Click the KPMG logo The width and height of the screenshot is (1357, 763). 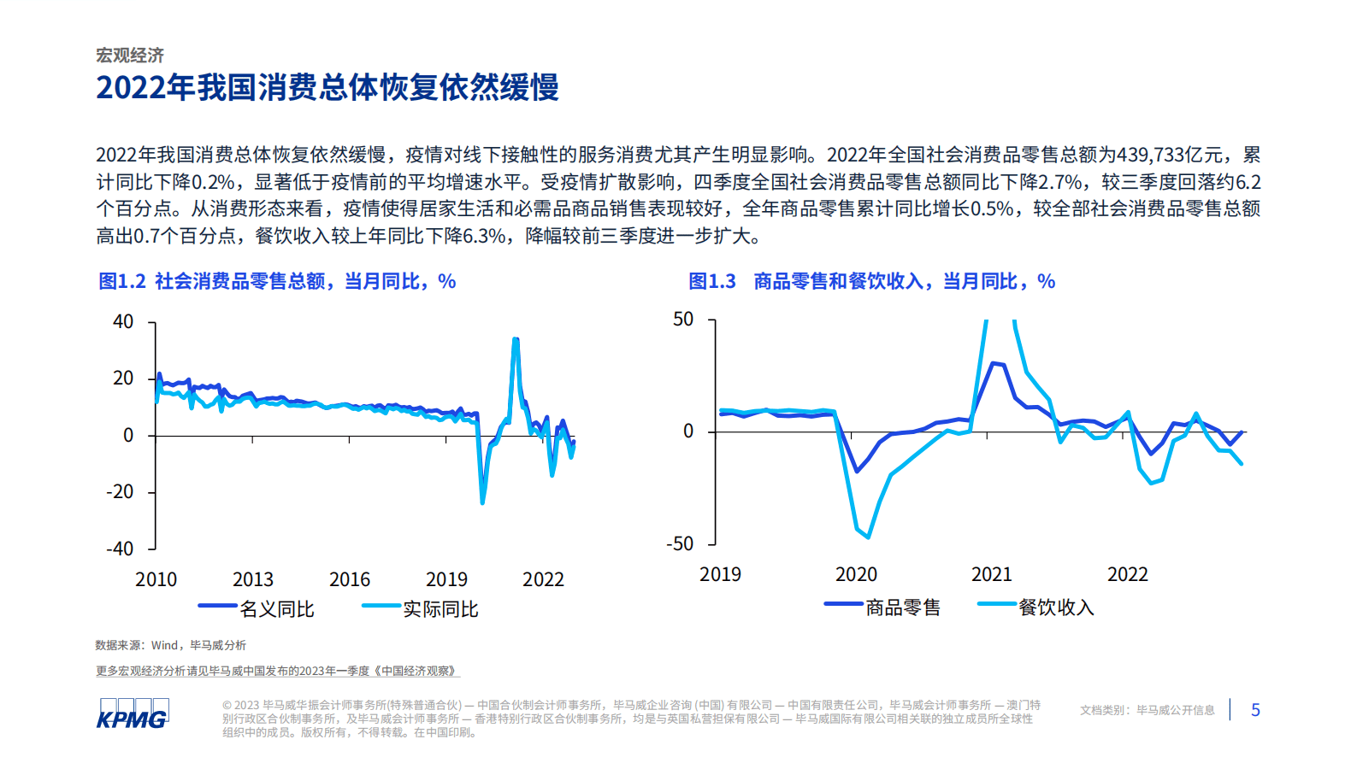click(133, 713)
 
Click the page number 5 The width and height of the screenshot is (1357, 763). click(1255, 710)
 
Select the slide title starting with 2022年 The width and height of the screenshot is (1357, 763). click(327, 87)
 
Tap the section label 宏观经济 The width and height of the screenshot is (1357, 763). click(130, 56)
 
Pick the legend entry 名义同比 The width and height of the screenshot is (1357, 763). click(276, 609)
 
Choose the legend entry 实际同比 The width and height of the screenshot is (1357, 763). click(440, 609)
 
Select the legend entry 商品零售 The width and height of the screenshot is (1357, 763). click(902, 607)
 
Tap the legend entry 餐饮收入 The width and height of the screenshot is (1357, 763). click(1056, 607)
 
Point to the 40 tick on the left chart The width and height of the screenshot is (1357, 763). click(123, 322)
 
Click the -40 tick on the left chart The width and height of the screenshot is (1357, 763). click(120, 549)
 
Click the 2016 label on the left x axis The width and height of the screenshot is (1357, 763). click(350, 579)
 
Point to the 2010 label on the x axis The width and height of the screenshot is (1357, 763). click(156, 579)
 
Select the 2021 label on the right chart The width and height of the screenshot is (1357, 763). click(992, 574)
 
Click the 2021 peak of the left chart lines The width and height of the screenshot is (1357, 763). click(516, 340)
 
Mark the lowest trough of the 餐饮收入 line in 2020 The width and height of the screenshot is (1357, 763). click(868, 537)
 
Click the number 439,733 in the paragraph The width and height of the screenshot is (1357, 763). click(1152, 155)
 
